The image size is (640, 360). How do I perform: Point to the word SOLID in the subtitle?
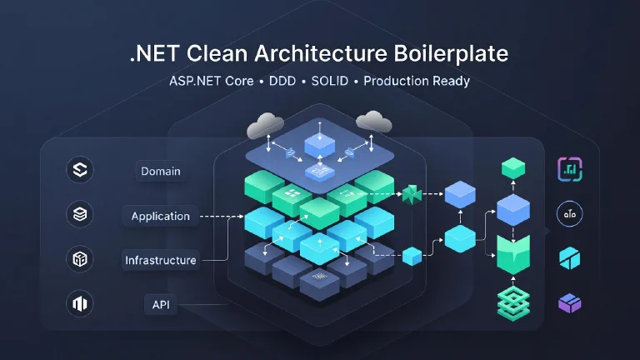click(332, 82)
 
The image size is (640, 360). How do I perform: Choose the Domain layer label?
click(161, 172)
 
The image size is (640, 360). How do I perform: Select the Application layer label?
click(161, 216)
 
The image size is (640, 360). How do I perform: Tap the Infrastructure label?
click(161, 260)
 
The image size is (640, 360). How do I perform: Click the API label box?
click(161, 304)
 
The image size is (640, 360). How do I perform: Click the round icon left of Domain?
click(81, 172)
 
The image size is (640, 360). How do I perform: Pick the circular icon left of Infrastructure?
click(81, 260)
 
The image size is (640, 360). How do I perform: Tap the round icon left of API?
click(81, 304)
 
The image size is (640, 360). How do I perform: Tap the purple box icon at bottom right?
click(570, 303)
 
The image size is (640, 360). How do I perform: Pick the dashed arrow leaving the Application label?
click(221, 217)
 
